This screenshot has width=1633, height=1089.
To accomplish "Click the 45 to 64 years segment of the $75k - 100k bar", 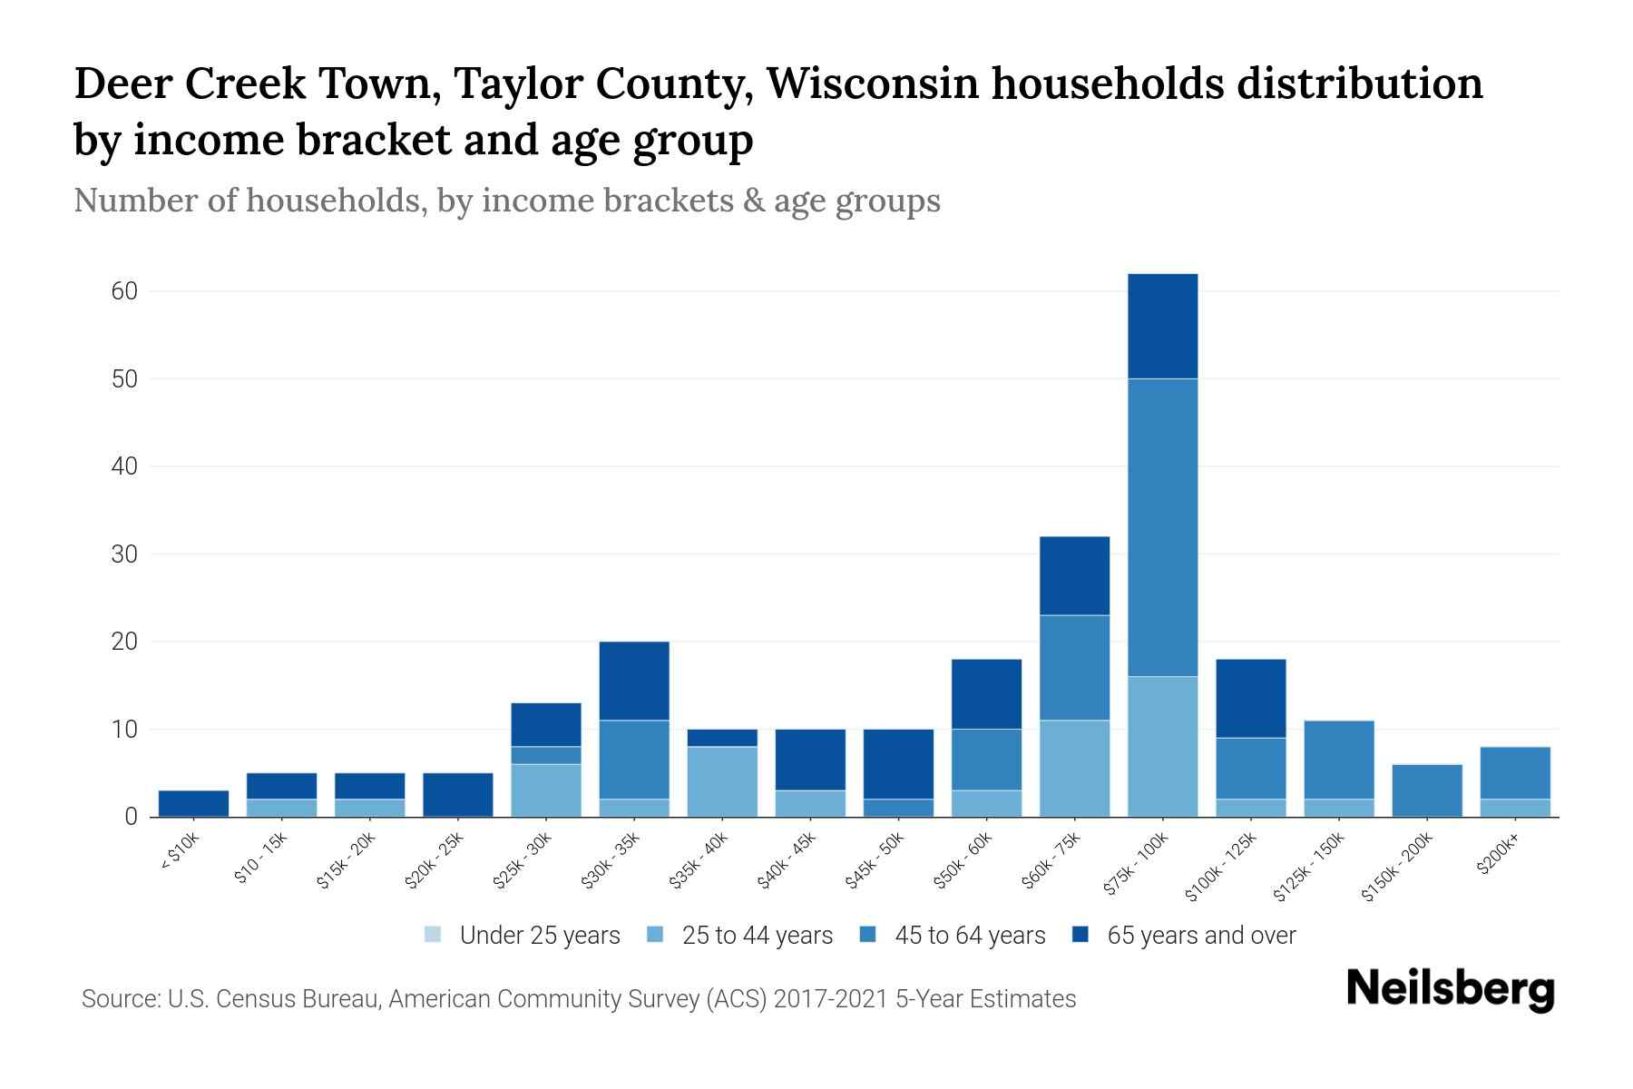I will click(x=1162, y=526).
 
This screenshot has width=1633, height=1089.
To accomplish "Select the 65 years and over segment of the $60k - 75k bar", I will click(x=1074, y=575).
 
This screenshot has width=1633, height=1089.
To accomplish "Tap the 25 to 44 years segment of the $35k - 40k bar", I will click(x=722, y=780).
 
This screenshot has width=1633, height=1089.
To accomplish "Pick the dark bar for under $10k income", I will click(x=193, y=803).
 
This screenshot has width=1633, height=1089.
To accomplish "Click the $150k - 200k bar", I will click(x=1426, y=790).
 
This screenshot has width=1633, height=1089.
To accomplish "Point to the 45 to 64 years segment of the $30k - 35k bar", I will click(x=634, y=759).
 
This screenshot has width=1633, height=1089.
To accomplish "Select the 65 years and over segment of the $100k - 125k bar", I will click(x=1250, y=698).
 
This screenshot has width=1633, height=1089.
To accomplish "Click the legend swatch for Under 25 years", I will click(x=434, y=934).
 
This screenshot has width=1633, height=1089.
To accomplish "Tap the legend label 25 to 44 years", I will click(x=757, y=935).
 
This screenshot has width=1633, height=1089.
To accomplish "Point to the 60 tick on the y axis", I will click(x=124, y=291).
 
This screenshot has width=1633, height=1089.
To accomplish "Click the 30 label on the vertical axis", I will click(x=124, y=554).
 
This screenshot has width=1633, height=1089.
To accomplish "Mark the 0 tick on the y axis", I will click(x=131, y=817).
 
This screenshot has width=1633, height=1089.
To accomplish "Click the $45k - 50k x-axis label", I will click(x=875, y=861).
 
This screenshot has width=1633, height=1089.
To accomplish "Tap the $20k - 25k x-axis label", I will click(x=434, y=861).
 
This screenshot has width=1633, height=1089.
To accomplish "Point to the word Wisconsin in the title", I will click(x=872, y=83).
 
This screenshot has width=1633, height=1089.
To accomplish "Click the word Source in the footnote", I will click(x=118, y=999).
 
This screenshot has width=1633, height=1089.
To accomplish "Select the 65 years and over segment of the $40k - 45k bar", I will click(x=810, y=759).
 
